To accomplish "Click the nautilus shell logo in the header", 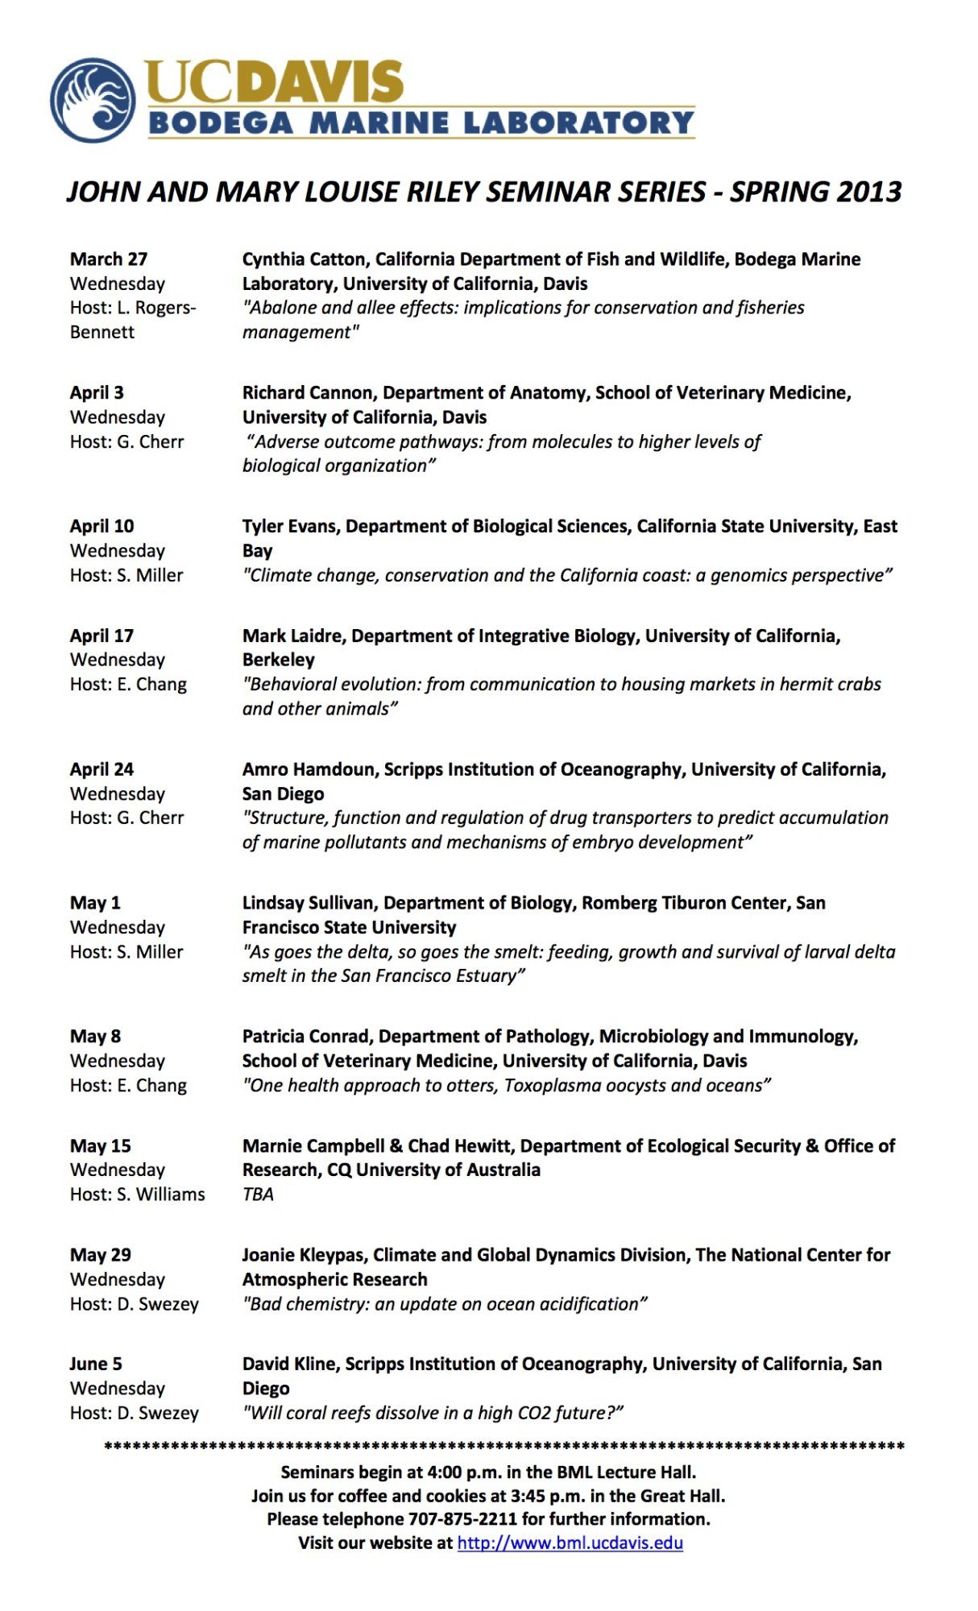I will (93, 101).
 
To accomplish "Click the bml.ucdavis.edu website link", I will (570, 1543).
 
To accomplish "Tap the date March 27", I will (108, 259).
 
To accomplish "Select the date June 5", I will (95, 1364).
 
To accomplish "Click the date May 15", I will (100, 1145).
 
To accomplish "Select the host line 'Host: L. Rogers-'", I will (132, 308).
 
